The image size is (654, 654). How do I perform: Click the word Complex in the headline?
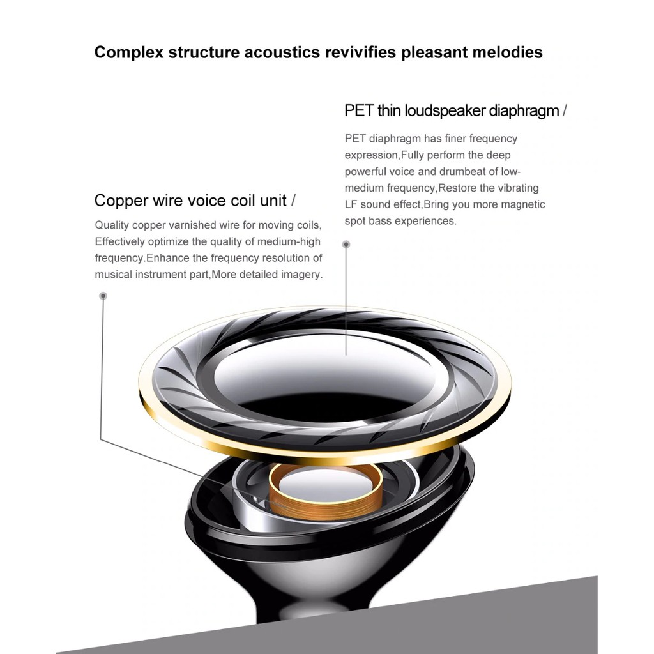[x=128, y=52]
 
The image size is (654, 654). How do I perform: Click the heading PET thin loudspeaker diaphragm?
[x=452, y=110]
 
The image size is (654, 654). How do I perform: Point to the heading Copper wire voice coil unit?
[x=190, y=201]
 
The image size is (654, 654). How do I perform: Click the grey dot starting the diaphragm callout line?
[x=346, y=244]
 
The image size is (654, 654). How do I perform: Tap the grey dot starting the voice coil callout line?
[x=103, y=296]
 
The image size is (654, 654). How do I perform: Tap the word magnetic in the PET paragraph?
[x=522, y=204]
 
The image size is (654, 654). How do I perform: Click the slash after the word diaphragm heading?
[x=564, y=110]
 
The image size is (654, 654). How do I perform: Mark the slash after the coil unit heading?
[x=293, y=201]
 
